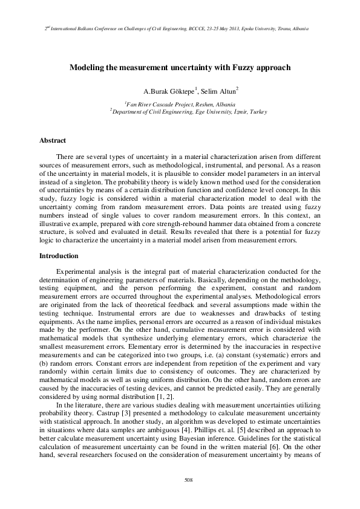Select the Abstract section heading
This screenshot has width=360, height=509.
tap(53, 140)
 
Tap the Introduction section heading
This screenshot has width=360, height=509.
tap(59, 256)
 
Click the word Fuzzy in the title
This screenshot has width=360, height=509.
tap(234, 68)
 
